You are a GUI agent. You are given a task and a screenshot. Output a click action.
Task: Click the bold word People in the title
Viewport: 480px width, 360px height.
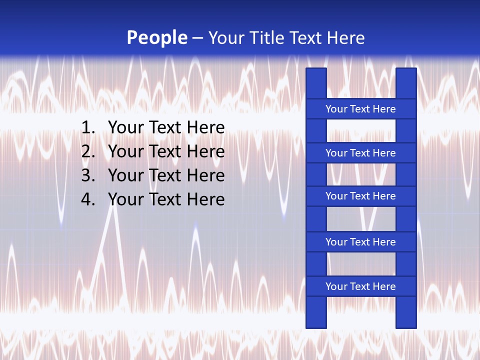click(157, 38)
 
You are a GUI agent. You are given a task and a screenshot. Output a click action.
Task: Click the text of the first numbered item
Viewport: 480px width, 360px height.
click(166, 128)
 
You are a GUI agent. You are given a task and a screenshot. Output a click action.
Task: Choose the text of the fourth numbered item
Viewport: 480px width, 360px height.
click(166, 199)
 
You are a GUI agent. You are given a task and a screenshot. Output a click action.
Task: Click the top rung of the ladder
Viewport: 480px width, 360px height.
click(360, 109)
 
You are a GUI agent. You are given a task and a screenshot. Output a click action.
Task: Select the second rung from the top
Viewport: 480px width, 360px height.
click(360, 153)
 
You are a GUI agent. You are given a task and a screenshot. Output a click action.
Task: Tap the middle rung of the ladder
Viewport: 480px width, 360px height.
click(360, 196)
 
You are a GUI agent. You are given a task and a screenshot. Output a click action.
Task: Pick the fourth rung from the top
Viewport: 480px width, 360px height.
click(360, 242)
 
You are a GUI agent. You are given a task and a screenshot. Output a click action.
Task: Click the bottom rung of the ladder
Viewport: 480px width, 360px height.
click(360, 286)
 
